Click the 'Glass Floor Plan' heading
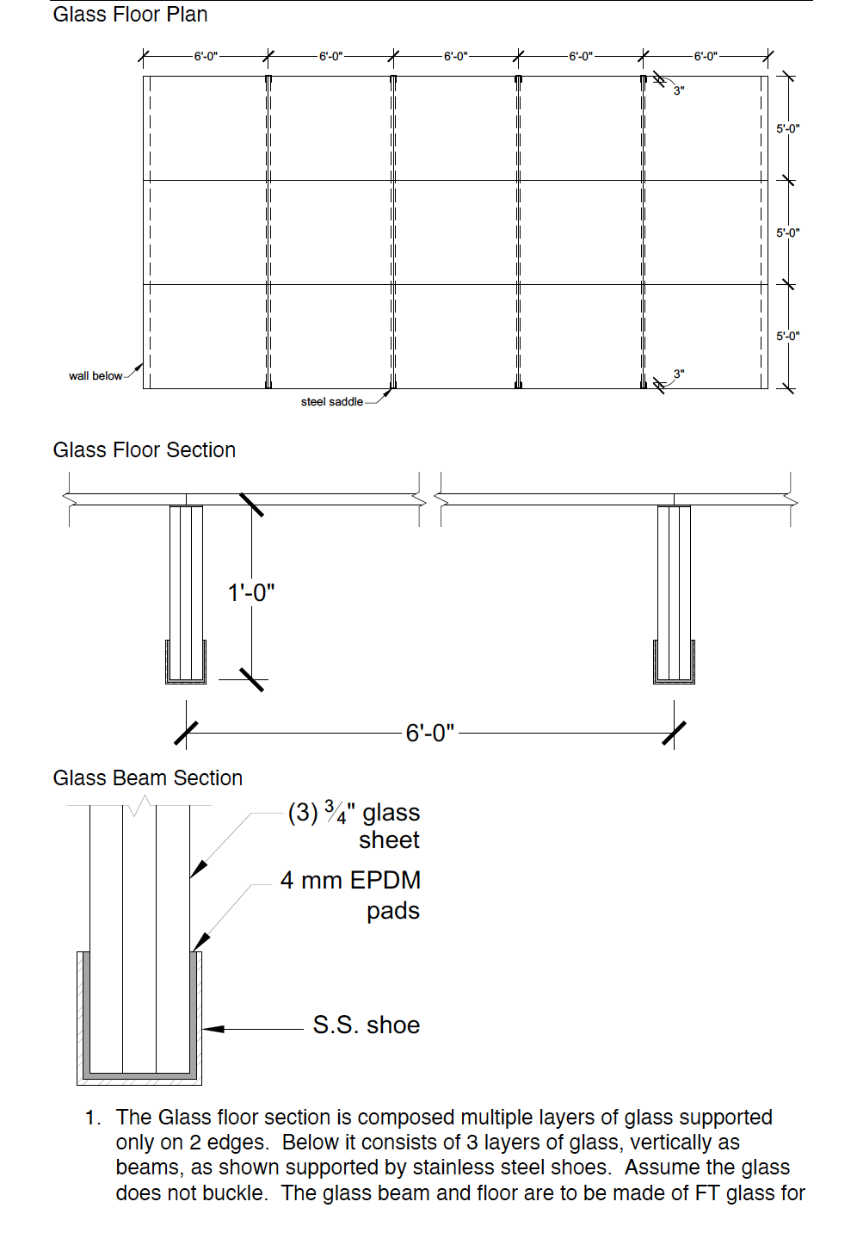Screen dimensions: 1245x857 point(130,15)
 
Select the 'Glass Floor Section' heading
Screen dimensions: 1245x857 point(144,450)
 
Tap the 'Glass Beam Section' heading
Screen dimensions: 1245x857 point(147,778)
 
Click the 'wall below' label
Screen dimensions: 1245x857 point(96,376)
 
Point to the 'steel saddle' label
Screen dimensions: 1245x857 point(331,402)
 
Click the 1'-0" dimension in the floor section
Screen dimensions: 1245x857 point(251,593)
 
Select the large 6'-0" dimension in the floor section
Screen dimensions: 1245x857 point(429,734)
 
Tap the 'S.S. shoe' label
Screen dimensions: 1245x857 point(366,1025)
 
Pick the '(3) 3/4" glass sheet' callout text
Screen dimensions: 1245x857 point(355,826)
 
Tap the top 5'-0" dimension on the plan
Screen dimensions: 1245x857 point(787,129)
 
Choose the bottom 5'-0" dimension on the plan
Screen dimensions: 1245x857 point(787,337)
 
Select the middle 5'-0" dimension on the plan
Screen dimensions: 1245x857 point(787,233)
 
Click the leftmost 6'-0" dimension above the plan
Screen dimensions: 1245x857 point(206,57)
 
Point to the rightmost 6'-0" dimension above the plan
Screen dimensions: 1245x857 point(706,57)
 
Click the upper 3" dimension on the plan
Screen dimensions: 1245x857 point(679,90)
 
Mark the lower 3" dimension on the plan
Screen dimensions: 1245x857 point(679,375)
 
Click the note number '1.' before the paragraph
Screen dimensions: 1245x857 point(93,1118)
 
